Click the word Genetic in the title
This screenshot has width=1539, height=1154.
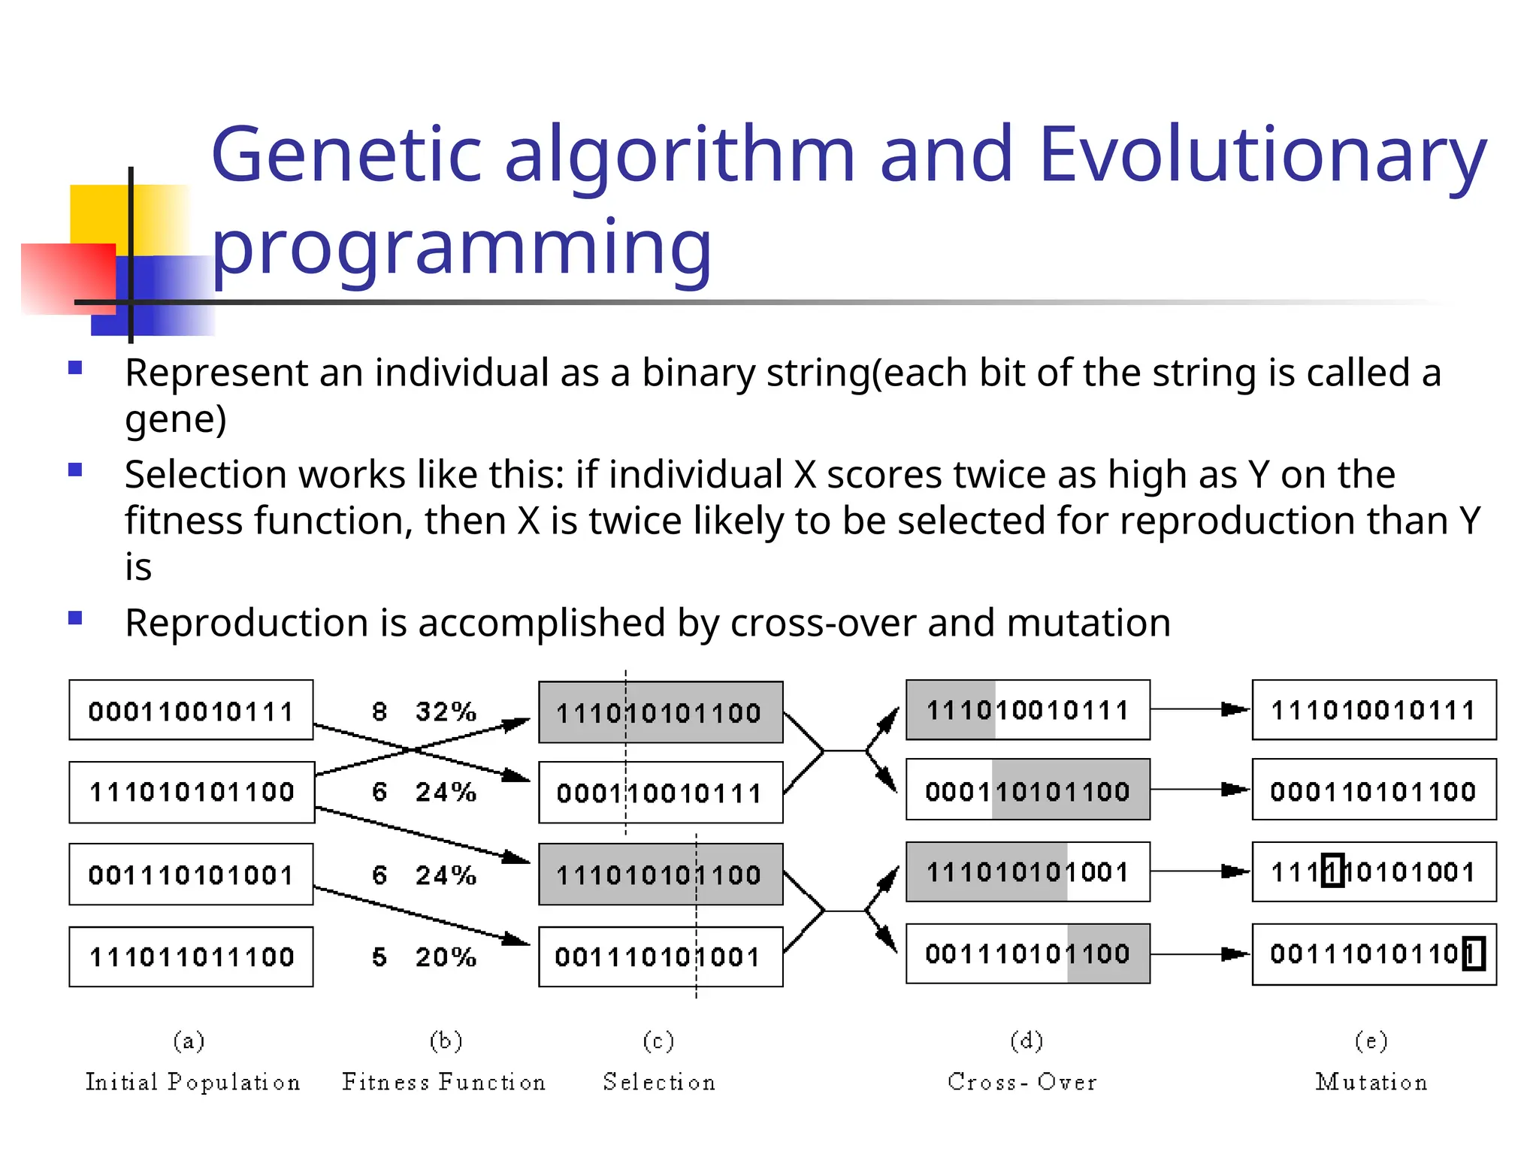click(346, 155)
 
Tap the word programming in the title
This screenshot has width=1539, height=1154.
click(461, 248)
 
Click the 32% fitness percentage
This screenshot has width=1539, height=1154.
click(446, 711)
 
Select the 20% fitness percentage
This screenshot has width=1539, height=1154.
click(446, 956)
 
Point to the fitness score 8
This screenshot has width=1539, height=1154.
click(379, 711)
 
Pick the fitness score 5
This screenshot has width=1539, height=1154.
click(379, 956)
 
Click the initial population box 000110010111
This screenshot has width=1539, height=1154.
click(191, 710)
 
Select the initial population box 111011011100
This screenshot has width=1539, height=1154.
click(191, 956)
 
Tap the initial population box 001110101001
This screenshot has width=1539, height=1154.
click(191, 875)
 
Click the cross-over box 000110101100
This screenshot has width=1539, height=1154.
click(1027, 790)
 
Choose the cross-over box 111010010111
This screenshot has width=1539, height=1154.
click(1027, 710)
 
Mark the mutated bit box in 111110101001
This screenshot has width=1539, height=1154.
click(1332, 872)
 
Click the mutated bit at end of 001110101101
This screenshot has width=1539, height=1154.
click(1473, 954)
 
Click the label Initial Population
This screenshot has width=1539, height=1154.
click(192, 1082)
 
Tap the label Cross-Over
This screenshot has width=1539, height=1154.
click(1022, 1082)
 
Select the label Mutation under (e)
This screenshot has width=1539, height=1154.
click(1371, 1082)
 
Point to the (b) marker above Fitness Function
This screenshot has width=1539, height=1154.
click(446, 1041)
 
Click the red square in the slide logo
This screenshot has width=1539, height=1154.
click(68, 278)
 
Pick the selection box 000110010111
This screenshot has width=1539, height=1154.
click(660, 793)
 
